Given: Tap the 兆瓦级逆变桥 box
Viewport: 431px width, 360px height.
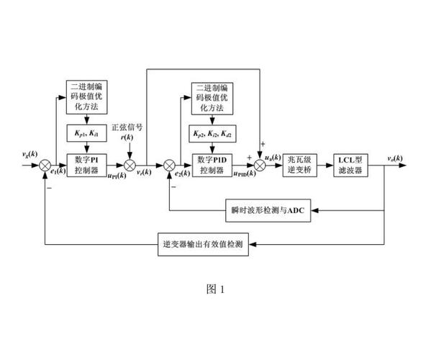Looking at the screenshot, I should tap(302, 163).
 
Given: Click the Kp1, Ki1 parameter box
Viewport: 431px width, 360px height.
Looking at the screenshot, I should tap(86, 135).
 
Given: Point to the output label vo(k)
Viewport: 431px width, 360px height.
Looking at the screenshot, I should tap(395, 157).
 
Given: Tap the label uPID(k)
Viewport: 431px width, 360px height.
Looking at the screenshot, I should tap(244, 174).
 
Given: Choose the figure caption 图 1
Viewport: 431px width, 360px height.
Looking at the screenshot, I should tap(216, 289).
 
